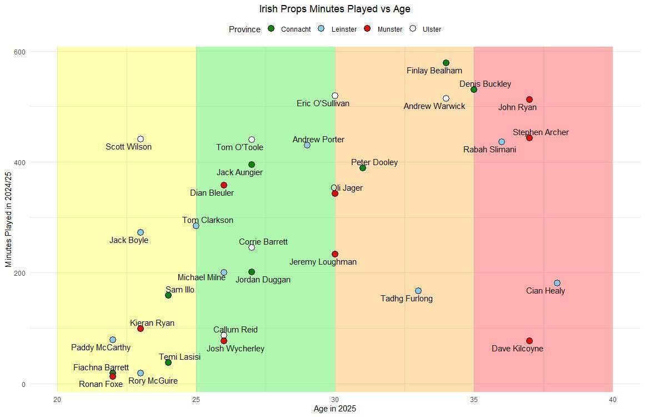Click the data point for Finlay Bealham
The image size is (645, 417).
(x=446, y=63)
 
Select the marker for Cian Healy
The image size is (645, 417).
(x=557, y=283)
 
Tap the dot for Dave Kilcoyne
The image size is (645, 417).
(x=529, y=341)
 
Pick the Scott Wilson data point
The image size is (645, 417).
(x=141, y=139)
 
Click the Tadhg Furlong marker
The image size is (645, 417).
(x=418, y=291)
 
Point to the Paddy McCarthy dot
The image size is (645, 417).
(x=113, y=340)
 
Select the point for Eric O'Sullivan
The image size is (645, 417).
(x=335, y=96)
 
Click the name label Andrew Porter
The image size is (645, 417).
(x=318, y=140)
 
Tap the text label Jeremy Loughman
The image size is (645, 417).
(x=323, y=262)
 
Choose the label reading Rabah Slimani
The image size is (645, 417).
(x=489, y=150)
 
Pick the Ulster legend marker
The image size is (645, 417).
(x=413, y=29)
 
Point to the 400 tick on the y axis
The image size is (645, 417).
(x=20, y=162)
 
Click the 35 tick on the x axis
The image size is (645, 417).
(x=474, y=400)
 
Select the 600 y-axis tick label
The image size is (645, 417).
(x=20, y=52)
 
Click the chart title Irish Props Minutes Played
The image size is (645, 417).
(x=334, y=9)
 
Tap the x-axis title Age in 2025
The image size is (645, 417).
(x=334, y=409)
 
